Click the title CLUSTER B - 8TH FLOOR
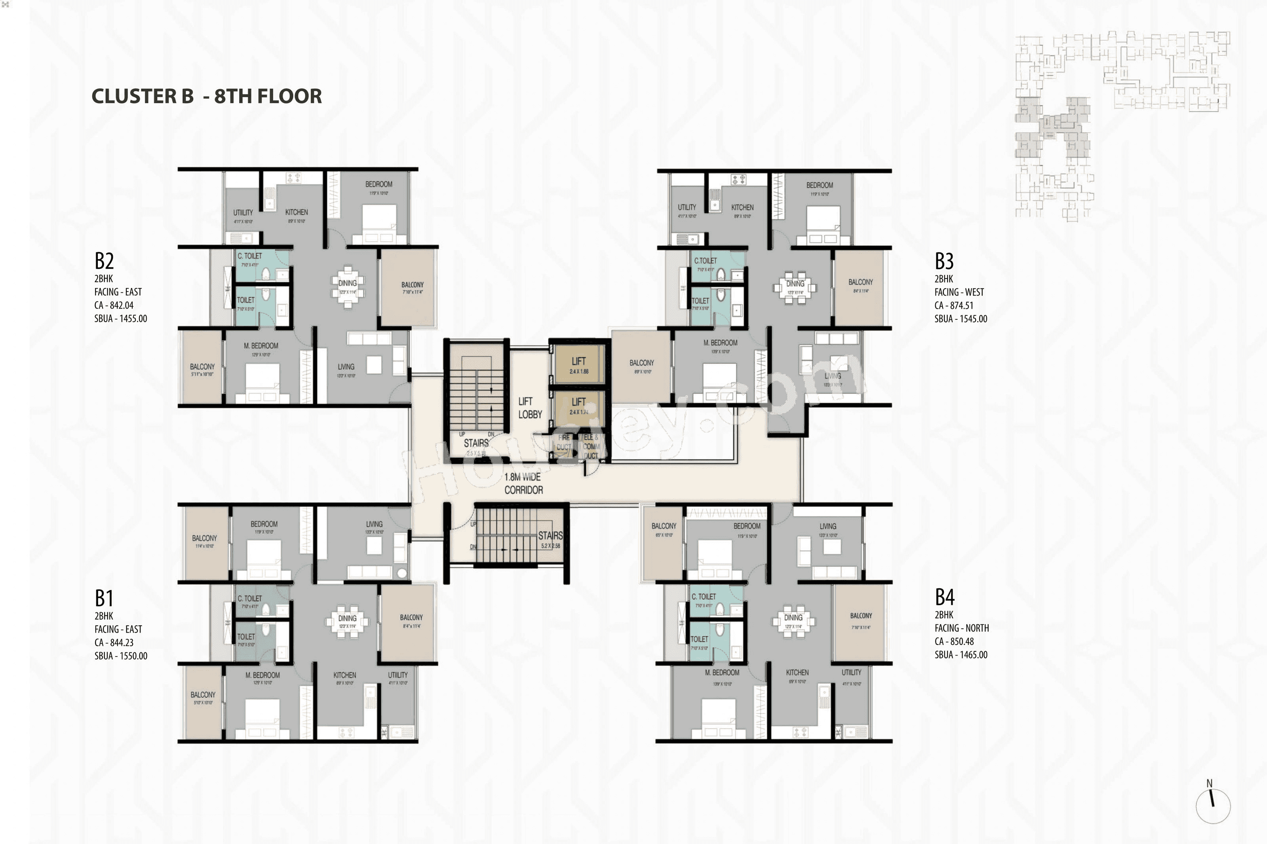click(207, 96)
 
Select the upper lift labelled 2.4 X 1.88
click(579, 364)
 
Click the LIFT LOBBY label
click(529, 408)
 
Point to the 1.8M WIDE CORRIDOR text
click(523, 483)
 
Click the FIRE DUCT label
click(564, 442)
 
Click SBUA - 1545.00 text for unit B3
click(961, 319)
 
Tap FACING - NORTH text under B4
click(961, 628)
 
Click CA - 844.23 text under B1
click(114, 642)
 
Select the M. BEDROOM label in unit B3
click(720, 343)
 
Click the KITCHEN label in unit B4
click(797, 672)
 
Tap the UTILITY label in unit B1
click(398, 675)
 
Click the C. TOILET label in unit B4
click(703, 596)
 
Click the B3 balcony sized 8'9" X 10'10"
click(641, 366)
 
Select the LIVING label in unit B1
click(374, 524)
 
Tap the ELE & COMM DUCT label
click(591, 446)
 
